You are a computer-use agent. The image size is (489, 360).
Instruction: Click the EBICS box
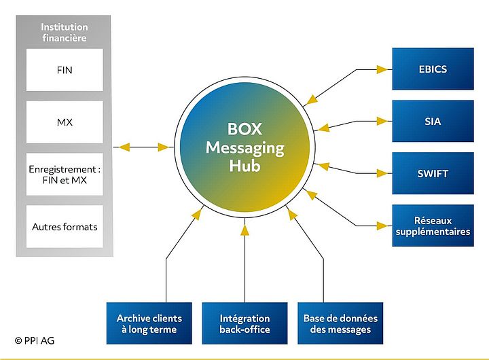click(433, 69)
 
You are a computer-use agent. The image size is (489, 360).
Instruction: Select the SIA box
click(433, 121)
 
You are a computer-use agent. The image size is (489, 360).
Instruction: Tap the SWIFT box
click(433, 173)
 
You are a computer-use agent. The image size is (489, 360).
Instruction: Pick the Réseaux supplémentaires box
click(433, 226)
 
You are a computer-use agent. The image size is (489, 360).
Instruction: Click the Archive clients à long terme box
click(149, 323)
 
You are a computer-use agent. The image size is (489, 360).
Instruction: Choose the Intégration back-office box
click(244, 323)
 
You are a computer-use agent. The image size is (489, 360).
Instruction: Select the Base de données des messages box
click(340, 323)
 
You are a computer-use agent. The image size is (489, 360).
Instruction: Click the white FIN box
click(65, 69)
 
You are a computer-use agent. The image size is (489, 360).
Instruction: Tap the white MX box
click(65, 122)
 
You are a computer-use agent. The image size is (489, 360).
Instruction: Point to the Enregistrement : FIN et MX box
click(65, 175)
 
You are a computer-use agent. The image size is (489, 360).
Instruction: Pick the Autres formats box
click(65, 226)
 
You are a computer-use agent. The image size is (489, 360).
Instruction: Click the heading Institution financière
click(65, 33)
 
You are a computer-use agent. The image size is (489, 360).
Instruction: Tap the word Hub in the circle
click(244, 165)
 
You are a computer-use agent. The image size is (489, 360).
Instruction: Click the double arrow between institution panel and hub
click(143, 147)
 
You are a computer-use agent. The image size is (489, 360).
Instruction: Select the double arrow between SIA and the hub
click(355, 124)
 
